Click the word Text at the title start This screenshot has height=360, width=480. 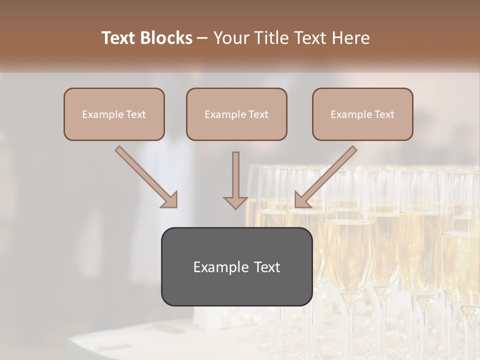tap(120, 38)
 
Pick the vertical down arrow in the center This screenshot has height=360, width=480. tap(235, 175)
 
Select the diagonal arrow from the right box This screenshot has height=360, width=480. tap(330, 172)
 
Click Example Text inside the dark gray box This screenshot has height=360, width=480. tap(236, 267)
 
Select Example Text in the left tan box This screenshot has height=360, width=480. tap(114, 114)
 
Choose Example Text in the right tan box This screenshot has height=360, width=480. tap(362, 114)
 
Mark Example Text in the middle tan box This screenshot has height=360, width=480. tap(236, 114)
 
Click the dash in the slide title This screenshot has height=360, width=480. tap(202, 38)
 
